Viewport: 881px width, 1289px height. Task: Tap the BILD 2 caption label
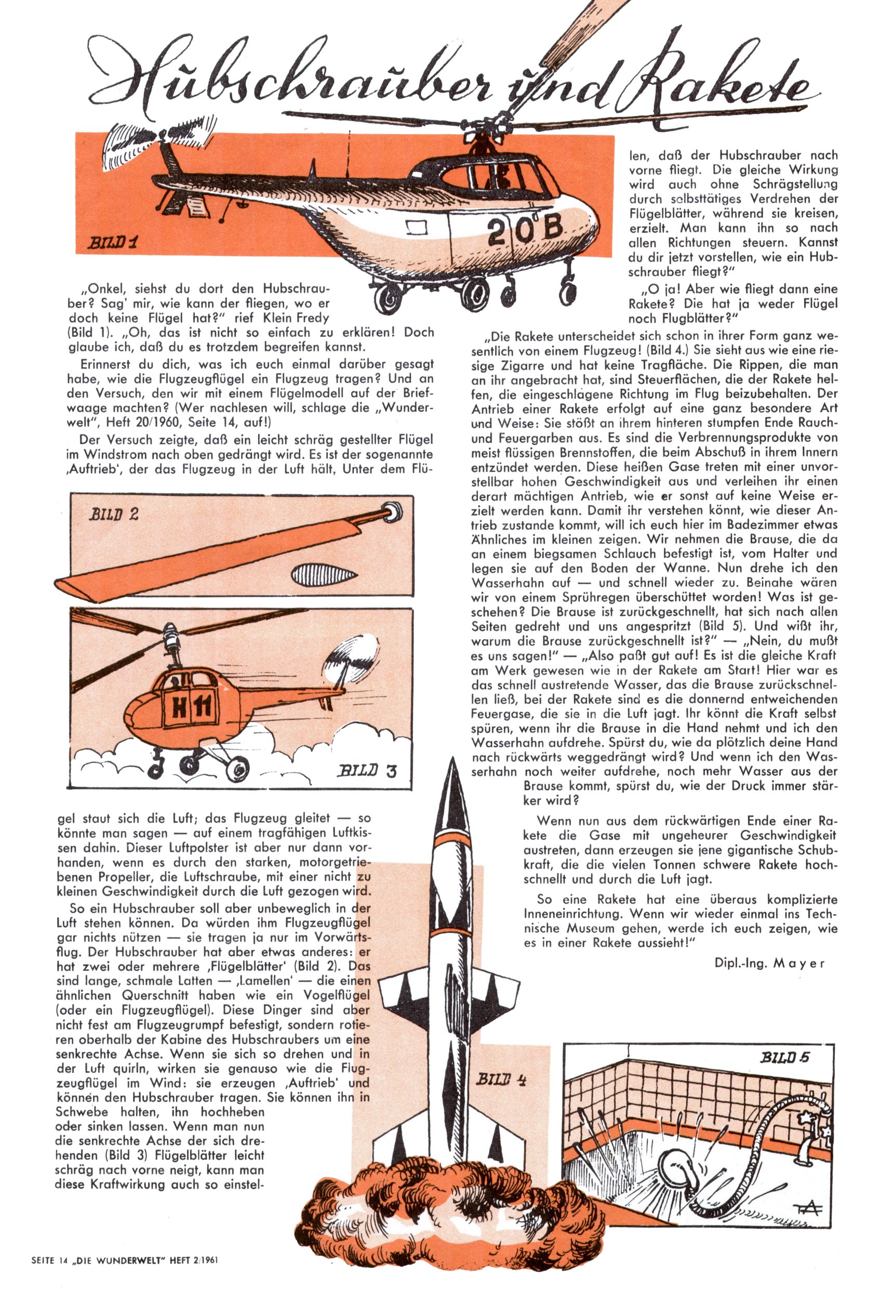pyautogui.click(x=114, y=514)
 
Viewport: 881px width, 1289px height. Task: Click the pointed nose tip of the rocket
pyautogui.click(x=452, y=766)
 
